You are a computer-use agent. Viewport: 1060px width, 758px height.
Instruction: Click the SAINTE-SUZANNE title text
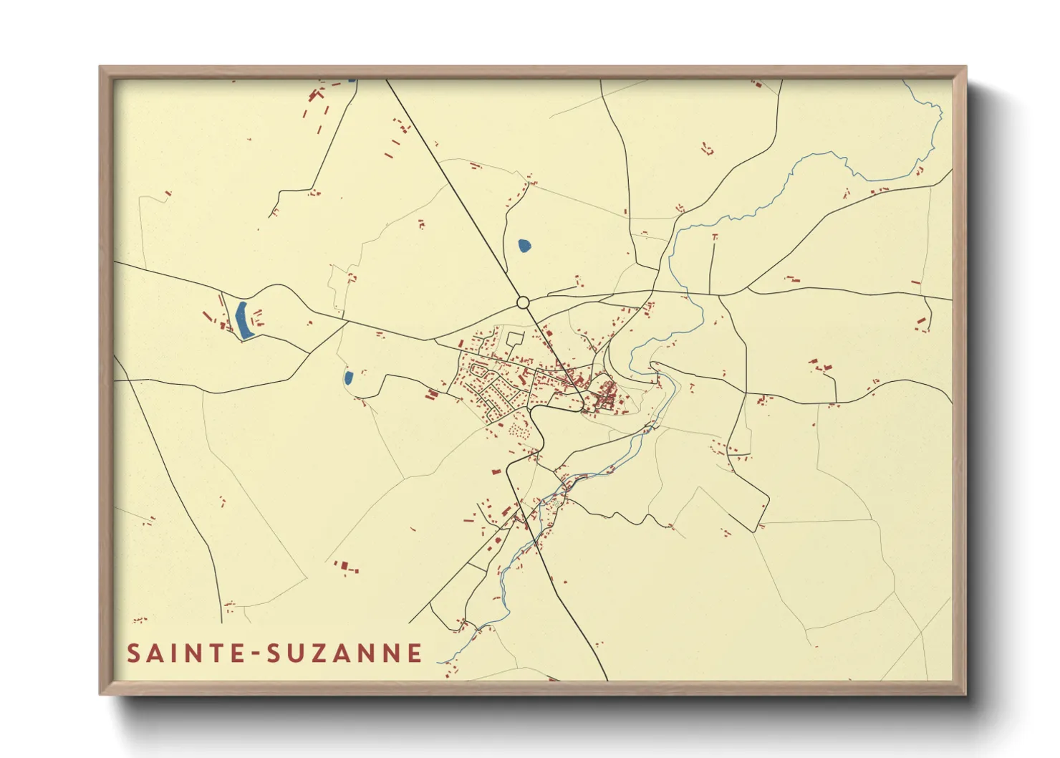click(275, 653)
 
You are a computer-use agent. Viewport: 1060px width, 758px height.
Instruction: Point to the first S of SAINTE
click(134, 653)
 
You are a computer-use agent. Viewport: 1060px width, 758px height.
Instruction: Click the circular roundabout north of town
click(523, 303)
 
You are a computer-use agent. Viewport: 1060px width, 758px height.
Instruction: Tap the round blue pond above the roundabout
click(525, 246)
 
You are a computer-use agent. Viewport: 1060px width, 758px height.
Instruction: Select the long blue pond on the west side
click(242, 320)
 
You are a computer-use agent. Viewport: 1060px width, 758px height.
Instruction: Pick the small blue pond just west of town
click(348, 378)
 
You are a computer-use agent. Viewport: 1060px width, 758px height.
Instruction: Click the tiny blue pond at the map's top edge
click(352, 80)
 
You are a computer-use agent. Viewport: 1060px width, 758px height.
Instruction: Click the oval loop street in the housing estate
click(478, 370)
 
